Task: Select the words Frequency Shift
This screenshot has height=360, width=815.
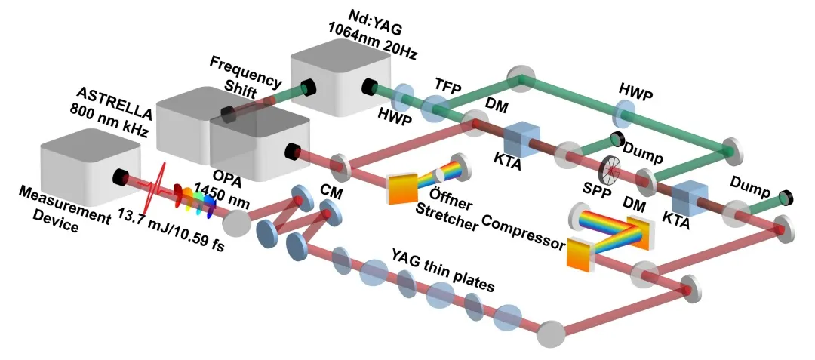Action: coord(247,73)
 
